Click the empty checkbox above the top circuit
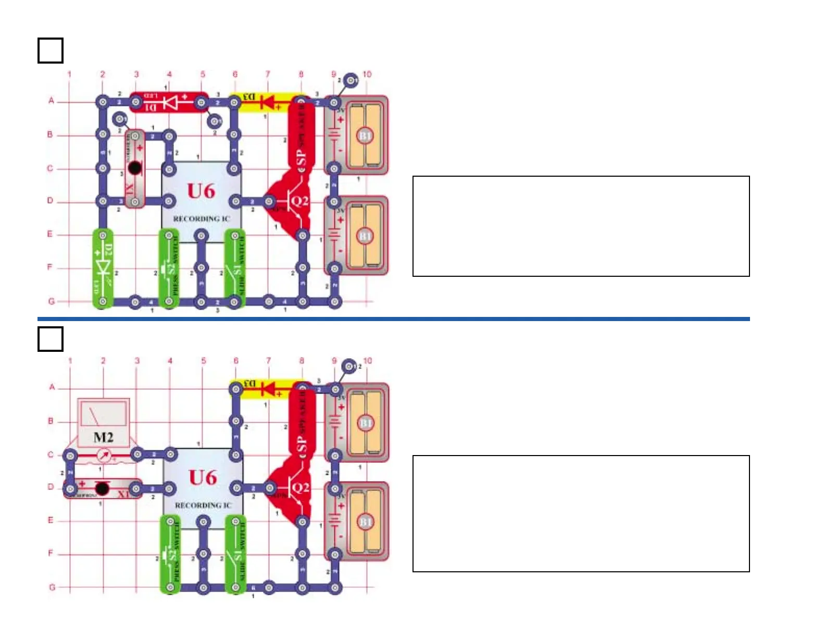51,51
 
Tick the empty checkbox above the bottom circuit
51,339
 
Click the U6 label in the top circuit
202,191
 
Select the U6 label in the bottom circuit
203,477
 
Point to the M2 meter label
103,437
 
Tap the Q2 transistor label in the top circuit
299,201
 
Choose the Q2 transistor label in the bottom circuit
301,488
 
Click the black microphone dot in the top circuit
135,168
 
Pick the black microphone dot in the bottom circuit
102,488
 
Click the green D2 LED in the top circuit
103,268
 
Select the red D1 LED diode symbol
170,102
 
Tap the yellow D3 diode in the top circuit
268,101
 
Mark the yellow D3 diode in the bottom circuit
268,388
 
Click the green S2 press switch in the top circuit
169,268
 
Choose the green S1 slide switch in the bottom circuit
235,555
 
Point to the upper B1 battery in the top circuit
365,136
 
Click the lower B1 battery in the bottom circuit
366,522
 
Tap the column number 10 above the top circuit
367,74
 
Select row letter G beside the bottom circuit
52,587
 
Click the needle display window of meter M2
103,415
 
